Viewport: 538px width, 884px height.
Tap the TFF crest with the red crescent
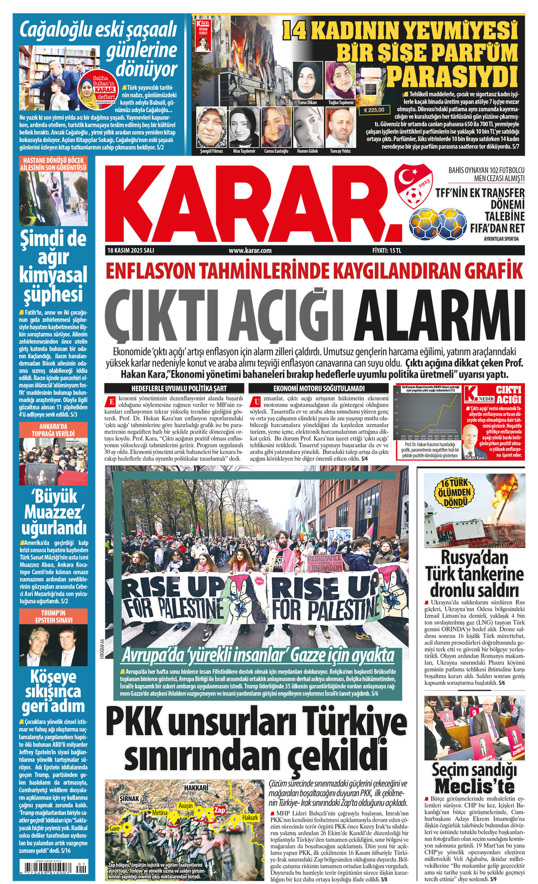pos(413,183)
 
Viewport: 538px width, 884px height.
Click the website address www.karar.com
pos(250,251)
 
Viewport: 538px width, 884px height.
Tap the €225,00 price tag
pos(374,110)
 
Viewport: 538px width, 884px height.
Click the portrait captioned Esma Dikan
pos(307,81)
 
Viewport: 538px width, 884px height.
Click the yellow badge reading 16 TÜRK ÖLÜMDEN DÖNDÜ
pos(456,493)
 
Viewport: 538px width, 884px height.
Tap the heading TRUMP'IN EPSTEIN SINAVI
pos(53,616)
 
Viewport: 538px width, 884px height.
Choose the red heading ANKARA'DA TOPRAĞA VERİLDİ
pos(53,430)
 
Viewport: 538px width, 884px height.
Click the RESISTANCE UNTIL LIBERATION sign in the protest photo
pos(325,563)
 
